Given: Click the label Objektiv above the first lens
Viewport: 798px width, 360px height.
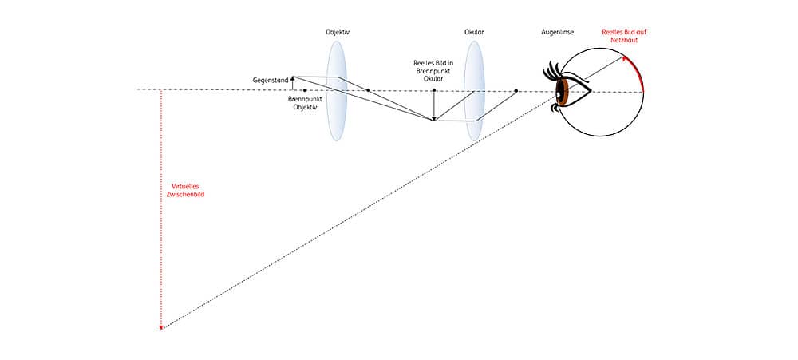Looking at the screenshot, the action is click(x=338, y=32).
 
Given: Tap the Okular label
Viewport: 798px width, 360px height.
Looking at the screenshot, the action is click(x=474, y=32).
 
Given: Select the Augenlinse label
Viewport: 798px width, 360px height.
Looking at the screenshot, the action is click(x=557, y=32).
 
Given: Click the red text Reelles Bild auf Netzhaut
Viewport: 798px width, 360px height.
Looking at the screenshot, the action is click(x=625, y=35).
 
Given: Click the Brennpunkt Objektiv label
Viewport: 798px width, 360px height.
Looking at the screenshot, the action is click(x=302, y=103).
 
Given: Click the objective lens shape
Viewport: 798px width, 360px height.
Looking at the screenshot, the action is click(x=337, y=91).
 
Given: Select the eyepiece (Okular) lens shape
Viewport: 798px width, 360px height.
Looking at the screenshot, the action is click(x=474, y=91).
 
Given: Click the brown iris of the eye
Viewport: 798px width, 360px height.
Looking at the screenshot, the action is click(x=561, y=93).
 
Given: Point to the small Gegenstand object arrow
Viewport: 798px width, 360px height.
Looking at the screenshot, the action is click(x=292, y=83).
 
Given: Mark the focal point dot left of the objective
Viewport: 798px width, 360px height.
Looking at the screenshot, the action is click(x=305, y=91).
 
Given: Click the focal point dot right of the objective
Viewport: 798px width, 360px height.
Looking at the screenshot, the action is click(x=369, y=91).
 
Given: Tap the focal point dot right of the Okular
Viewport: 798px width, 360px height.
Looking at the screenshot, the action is click(x=516, y=91).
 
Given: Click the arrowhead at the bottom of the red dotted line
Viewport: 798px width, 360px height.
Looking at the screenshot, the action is click(x=161, y=328).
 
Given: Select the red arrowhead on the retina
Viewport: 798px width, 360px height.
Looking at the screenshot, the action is click(x=626, y=58).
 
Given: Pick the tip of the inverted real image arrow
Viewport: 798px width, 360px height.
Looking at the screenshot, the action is click(x=433, y=121).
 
